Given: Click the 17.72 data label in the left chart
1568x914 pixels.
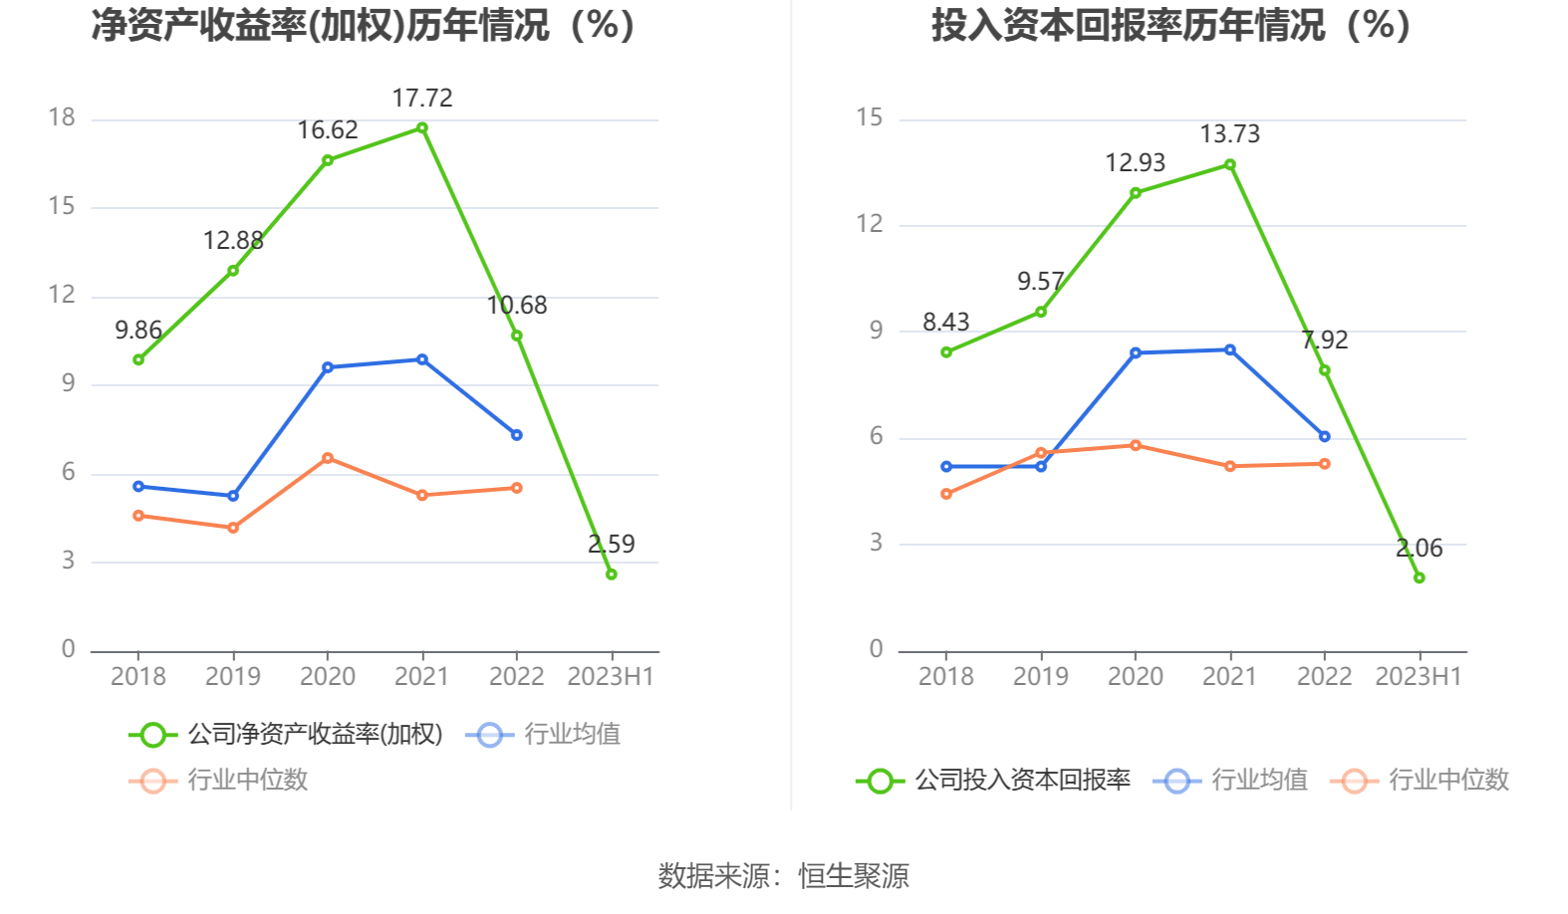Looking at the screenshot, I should click(x=421, y=98).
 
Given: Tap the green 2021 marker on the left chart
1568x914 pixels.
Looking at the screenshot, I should click(x=422, y=127).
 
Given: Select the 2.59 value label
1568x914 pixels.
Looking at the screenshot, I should click(x=611, y=544).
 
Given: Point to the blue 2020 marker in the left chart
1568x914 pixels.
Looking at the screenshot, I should click(x=328, y=367).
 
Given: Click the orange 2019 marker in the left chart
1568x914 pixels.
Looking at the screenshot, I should click(x=233, y=528).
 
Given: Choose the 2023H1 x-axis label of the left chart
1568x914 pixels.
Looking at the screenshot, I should click(x=611, y=677).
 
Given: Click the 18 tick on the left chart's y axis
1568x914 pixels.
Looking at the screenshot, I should click(x=62, y=117).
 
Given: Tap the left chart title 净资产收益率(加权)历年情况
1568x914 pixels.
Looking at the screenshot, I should click(x=363, y=25).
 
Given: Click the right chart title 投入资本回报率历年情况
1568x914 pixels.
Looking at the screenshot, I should click(x=1171, y=25).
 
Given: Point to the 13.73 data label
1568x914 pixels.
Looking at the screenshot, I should click(x=1229, y=134).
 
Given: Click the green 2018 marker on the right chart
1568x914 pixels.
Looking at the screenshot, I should click(x=946, y=352).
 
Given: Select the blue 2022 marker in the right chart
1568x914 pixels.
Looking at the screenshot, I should click(x=1324, y=436).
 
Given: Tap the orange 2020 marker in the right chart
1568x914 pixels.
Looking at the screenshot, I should click(x=1136, y=445).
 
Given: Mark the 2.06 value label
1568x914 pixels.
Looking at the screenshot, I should click(x=1419, y=548).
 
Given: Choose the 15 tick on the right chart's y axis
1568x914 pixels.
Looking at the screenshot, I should click(x=870, y=117).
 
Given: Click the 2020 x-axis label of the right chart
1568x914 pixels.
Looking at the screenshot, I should click(x=1136, y=677).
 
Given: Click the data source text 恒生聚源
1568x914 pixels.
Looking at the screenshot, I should click(x=854, y=876).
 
